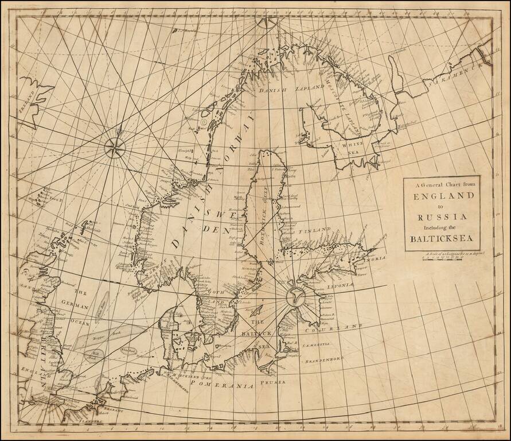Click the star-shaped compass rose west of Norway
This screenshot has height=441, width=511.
(x=115, y=148)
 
